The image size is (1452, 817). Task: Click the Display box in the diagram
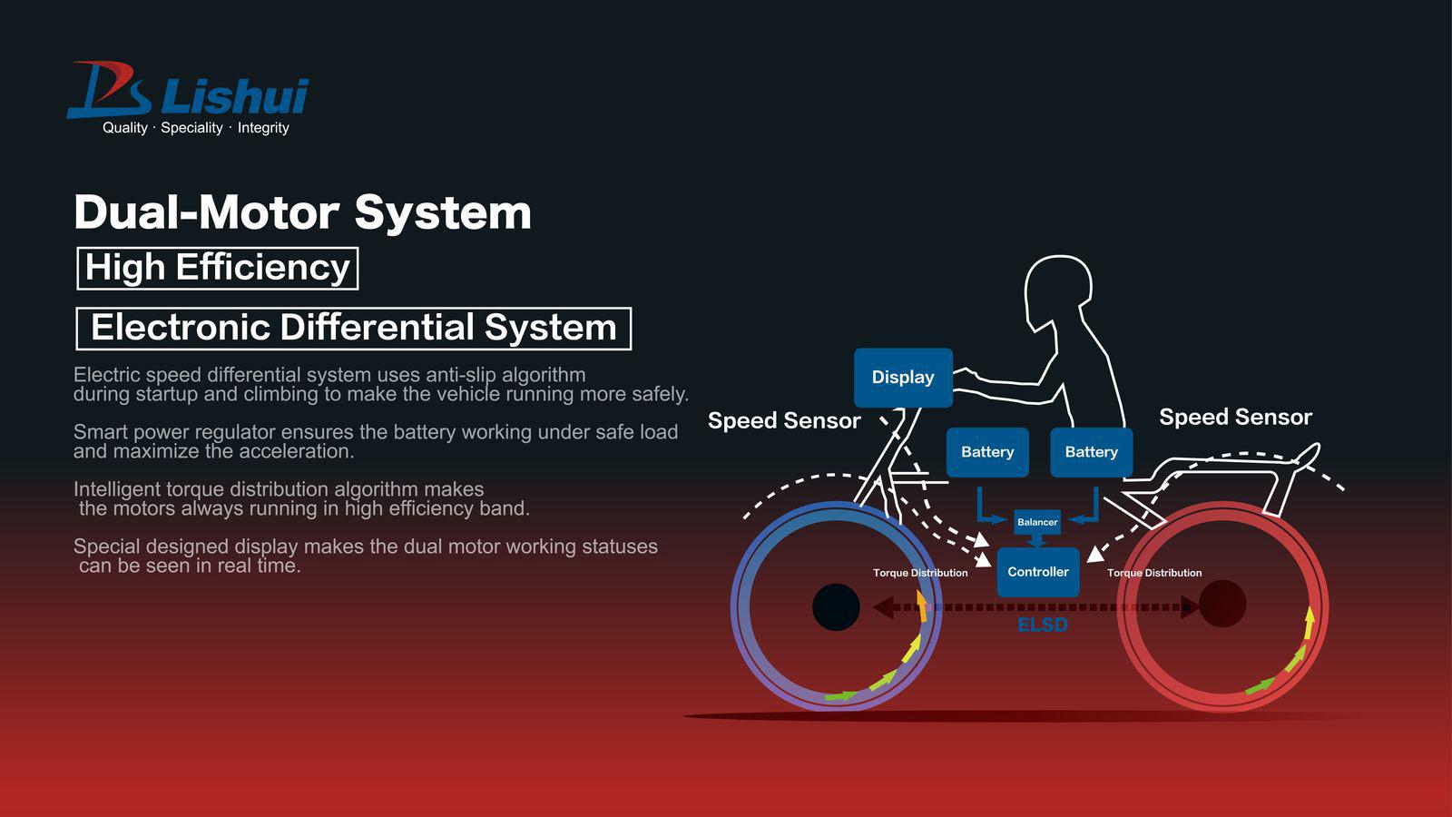[x=903, y=378]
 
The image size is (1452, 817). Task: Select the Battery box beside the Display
[x=987, y=452]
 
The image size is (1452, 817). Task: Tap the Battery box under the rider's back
[x=1091, y=452]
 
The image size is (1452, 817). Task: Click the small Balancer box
[x=1037, y=522]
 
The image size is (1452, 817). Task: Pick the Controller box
[x=1038, y=572]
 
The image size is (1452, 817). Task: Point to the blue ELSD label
[x=1042, y=625]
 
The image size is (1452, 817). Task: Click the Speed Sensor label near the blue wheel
[x=784, y=420]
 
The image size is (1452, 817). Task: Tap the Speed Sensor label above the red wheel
[x=1235, y=417]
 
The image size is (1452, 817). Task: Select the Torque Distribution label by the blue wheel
[x=920, y=573]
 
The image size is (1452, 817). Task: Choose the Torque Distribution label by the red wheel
[x=1154, y=573]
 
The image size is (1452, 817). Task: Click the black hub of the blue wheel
[x=836, y=607]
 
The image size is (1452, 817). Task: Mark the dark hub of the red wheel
[x=1222, y=604]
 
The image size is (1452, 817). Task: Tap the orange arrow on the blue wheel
[x=922, y=605]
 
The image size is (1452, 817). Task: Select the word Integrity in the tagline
[x=263, y=128]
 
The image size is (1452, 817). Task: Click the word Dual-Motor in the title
[x=206, y=212]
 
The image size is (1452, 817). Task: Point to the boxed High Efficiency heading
[x=218, y=268]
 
